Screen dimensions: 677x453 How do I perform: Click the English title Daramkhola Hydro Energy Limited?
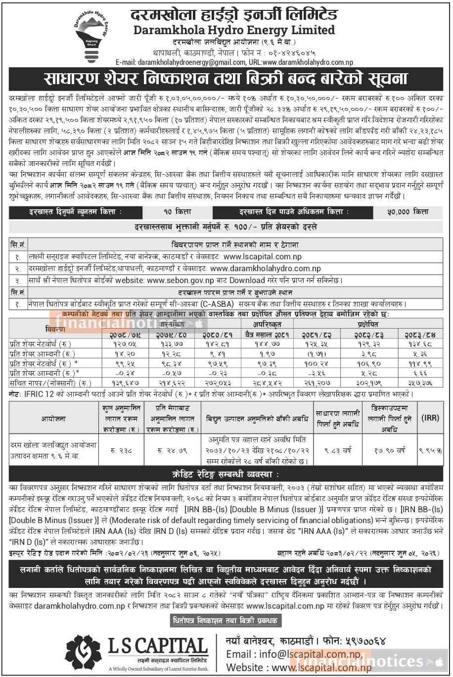tap(234, 30)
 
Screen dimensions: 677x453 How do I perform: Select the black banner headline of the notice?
tap(226, 79)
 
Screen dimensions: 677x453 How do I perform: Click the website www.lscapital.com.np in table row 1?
tap(262, 257)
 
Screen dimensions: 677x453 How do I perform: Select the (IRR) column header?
tap(430, 418)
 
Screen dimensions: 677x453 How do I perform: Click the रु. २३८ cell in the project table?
tap(120, 450)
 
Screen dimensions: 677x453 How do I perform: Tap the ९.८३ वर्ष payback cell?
tap(338, 450)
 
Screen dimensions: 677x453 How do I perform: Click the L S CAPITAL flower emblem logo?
tap(83, 652)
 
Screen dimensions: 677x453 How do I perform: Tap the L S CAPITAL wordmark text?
tap(158, 646)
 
